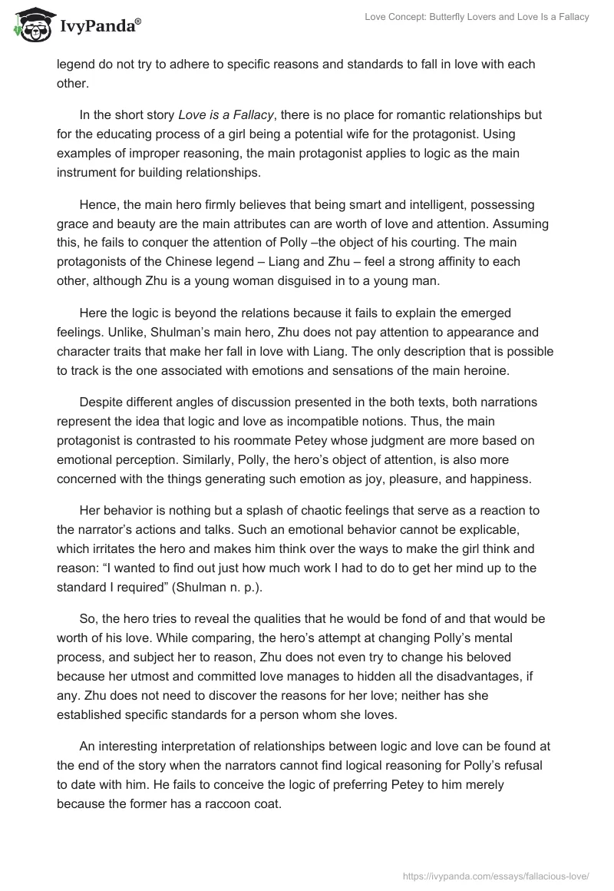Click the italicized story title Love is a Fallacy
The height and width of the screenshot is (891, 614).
pyautogui.click(x=226, y=115)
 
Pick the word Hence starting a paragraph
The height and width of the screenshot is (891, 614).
pyautogui.click(x=97, y=206)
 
